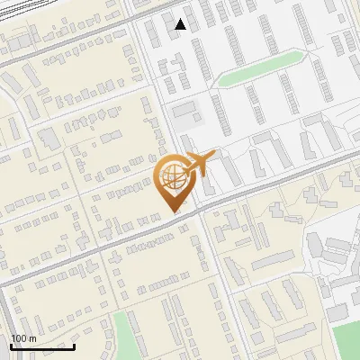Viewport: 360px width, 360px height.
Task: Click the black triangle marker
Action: click(x=181, y=24)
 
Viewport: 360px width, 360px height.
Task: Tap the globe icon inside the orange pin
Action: click(x=172, y=175)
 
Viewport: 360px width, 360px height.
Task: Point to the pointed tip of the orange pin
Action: click(x=174, y=211)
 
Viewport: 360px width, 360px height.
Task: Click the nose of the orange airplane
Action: click(x=214, y=156)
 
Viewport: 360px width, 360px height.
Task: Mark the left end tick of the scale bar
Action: click(x=11, y=345)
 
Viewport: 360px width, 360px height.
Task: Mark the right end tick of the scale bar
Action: click(x=74, y=345)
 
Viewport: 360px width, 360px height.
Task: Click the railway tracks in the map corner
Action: click(x=54, y=11)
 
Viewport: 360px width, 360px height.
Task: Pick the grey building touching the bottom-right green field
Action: click(x=337, y=313)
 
